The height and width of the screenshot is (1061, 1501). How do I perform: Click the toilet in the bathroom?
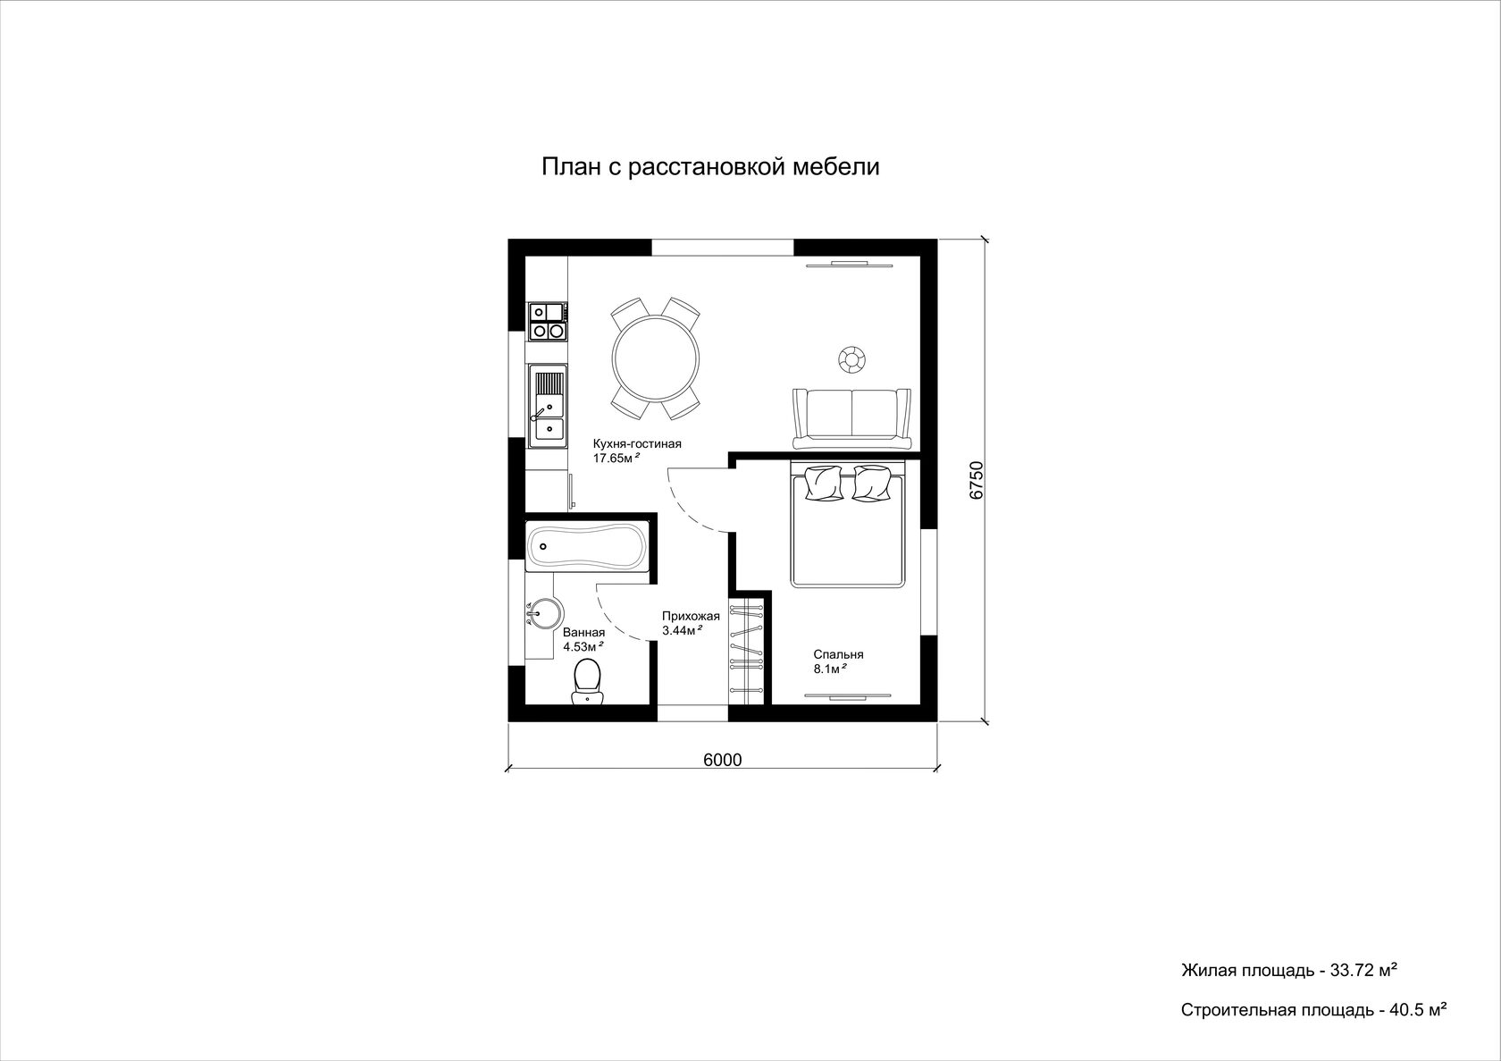click(x=587, y=681)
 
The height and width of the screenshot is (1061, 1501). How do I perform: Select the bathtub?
click(x=586, y=546)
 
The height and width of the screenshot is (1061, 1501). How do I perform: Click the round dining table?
click(x=657, y=358)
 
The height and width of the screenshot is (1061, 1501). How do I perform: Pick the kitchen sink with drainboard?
click(x=549, y=406)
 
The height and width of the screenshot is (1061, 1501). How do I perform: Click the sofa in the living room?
click(x=851, y=418)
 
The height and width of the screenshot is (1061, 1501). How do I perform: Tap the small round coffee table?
click(x=851, y=358)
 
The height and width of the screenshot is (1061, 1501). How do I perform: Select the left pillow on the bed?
click(x=822, y=483)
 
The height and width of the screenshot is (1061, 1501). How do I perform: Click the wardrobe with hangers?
click(x=747, y=648)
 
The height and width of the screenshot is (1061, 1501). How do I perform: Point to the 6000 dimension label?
click(x=722, y=760)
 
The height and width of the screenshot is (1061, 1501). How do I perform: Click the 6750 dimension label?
click(x=977, y=480)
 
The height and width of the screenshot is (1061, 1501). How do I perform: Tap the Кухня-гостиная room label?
click(x=637, y=443)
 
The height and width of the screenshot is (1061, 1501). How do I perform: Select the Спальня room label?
click(x=838, y=654)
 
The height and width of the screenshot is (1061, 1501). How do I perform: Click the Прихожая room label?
click(x=691, y=616)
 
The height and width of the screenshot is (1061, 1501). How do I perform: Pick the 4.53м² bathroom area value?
click(x=583, y=646)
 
